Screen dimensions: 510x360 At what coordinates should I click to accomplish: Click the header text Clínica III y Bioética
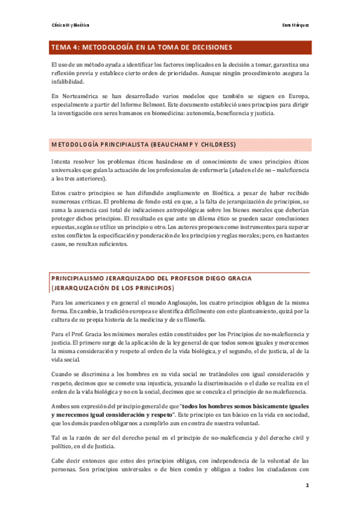70,25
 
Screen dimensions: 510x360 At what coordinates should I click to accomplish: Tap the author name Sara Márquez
296,25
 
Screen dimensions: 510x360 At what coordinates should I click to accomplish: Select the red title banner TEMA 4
180,47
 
